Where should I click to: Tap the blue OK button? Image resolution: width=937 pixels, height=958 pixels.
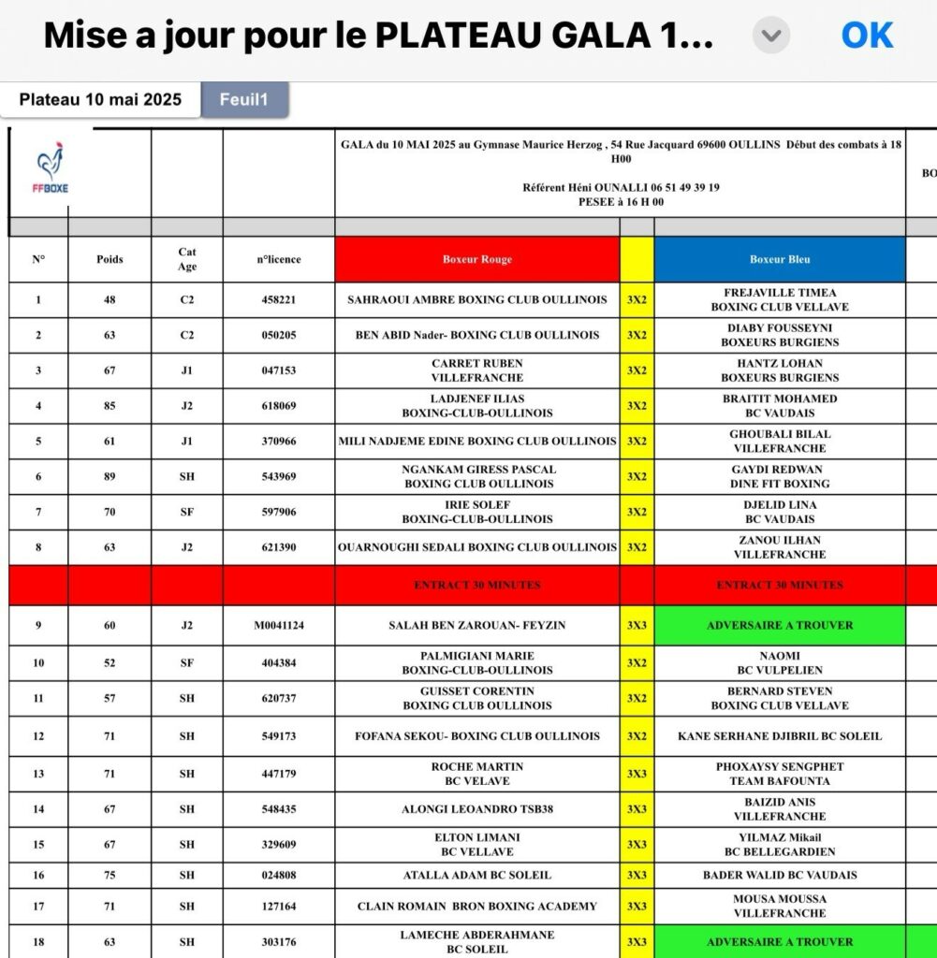(x=867, y=36)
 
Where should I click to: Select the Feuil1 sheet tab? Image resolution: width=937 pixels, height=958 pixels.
(x=244, y=100)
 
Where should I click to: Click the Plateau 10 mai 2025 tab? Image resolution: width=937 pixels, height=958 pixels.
(x=100, y=100)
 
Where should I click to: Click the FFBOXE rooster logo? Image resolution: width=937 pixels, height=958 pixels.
(x=51, y=169)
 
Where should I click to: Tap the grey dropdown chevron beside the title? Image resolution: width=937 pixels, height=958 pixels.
(x=771, y=36)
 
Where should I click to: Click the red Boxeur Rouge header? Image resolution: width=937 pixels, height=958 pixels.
(x=476, y=259)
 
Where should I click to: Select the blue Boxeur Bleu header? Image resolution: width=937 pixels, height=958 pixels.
(x=780, y=259)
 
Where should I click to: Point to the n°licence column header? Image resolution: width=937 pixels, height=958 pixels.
(x=279, y=259)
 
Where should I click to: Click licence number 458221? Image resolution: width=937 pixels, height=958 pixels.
(x=279, y=300)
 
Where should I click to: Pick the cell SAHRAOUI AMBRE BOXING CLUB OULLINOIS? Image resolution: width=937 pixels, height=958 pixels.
(x=476, y=300)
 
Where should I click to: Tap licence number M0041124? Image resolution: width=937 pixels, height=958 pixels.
(x=279, y=625)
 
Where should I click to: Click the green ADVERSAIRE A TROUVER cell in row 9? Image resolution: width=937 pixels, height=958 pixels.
(x=780, y=625)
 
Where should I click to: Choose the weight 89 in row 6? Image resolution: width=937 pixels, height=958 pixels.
(x=110, y=477)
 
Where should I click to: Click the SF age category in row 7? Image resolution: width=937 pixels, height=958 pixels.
(x=187, y=513)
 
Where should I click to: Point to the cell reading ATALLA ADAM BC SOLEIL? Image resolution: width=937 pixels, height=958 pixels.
(x=476, y=876)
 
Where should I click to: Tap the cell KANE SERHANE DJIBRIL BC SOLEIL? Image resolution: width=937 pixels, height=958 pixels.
(x=780, y=736)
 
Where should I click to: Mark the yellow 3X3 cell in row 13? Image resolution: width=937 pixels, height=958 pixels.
(x=637, y=774)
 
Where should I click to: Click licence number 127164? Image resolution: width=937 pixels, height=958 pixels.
(x=279, y=906)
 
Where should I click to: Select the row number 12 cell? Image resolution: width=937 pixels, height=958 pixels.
(x=38, y=736)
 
